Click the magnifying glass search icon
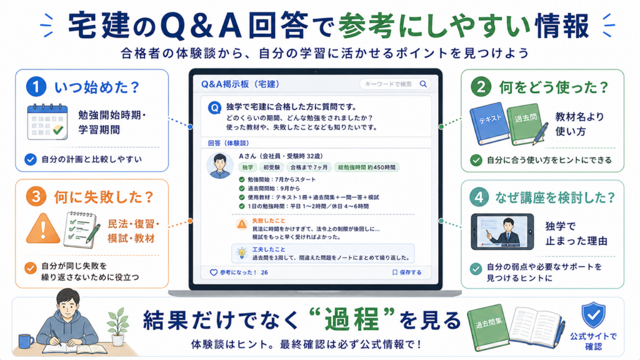pyautogui.click(x=423, y=84)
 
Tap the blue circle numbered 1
pyautogui.click(x=36, y=86)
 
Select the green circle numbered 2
pyautogui.click(x=481, y=87)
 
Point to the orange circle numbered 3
pyautogui.click(x=36, y=197)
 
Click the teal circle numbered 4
pyautogui.click(x=479, y=197)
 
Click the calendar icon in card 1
pyautogui.click(x=47, y=122)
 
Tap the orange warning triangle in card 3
pyautogui.click(x=43, y=228)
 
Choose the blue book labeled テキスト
pyautogui.click(x=489, y=123)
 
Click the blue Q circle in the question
pyautogui.click(x=215, y=108)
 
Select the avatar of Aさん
pyautogui.click(x=220, y=166)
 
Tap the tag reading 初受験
pyautogui.click(x=271, y=167)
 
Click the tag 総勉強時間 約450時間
pyautogui.click(x=366, y=167)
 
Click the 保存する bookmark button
pyautogui.click(x=406, y=272)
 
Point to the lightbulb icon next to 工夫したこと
pyautogui.click(x=242, y=254)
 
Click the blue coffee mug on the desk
pyautogui.click(x=26, y=341)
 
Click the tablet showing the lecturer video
pyautogui.click(x=502, y=231)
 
